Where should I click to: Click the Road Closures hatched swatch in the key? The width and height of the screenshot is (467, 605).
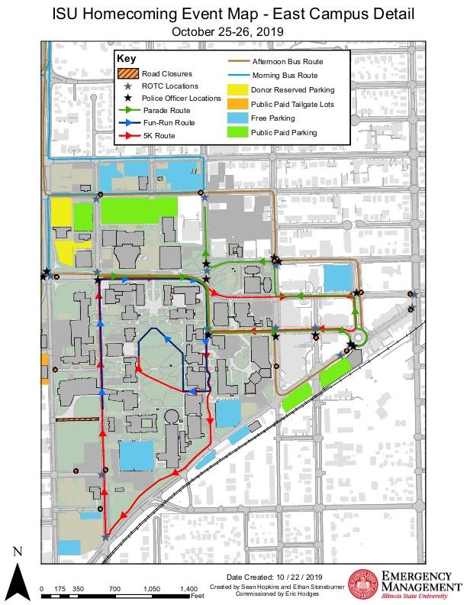pos(127,73)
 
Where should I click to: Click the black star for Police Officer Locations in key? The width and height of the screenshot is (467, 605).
pos(128,98)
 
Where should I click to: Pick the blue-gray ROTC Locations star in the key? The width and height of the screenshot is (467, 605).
pos(128,86)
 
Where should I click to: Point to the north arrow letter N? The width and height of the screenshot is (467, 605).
pos(18,552)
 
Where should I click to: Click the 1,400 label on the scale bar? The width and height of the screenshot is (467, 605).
pos(187,590)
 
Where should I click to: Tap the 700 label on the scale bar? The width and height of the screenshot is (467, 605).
pos(114,590)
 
